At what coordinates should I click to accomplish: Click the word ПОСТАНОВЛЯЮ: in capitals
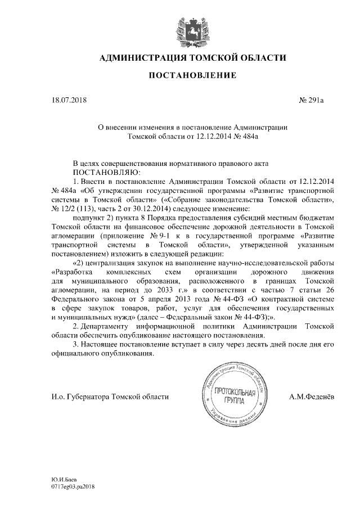coord(101,171)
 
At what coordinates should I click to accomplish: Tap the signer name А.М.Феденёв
coord(311,397)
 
